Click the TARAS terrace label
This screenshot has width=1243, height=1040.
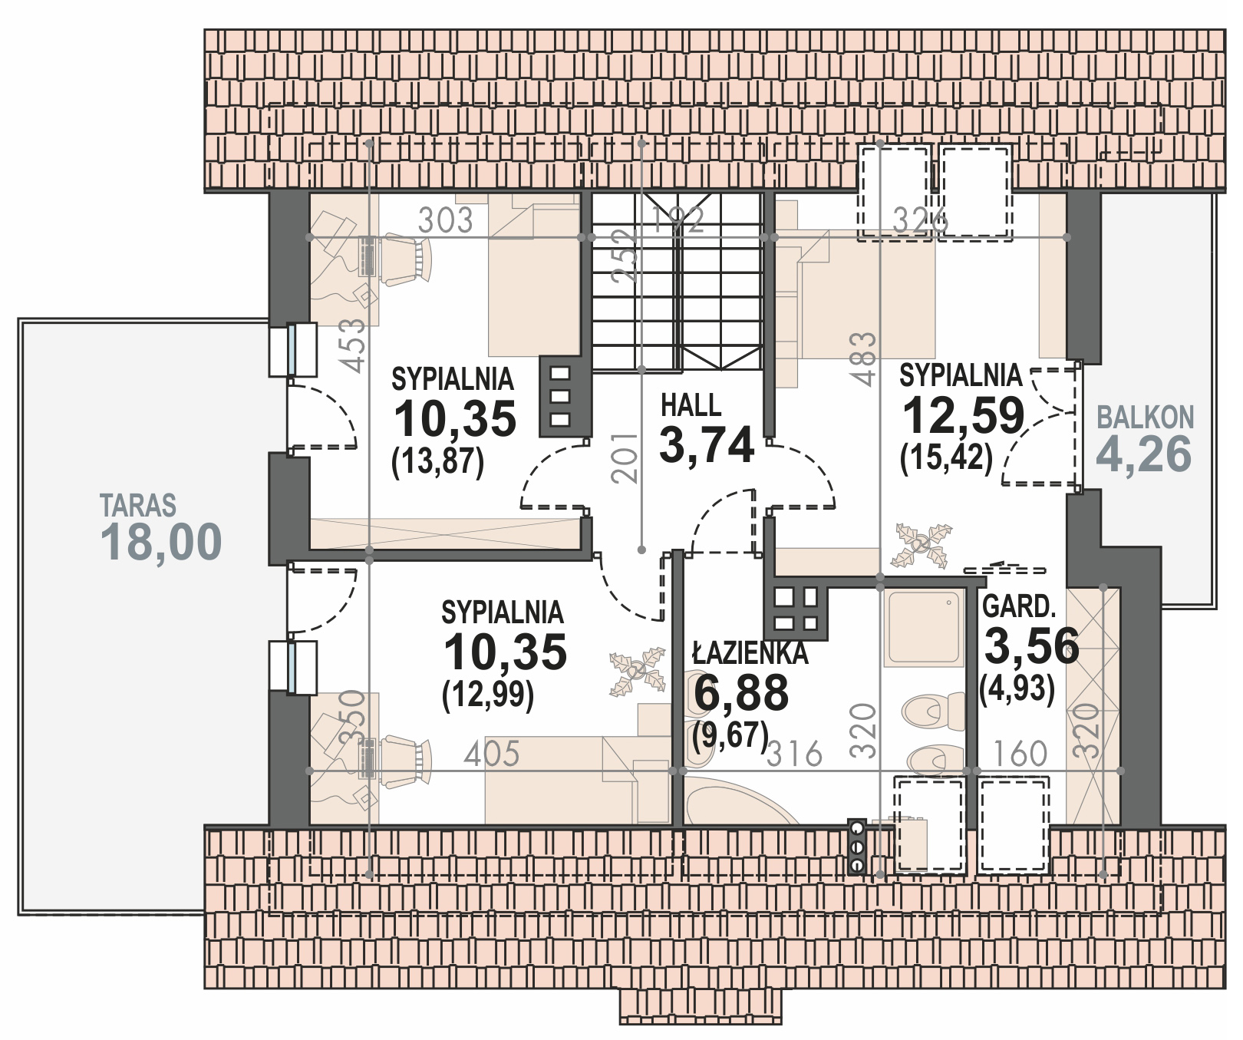click(x=138, y=506)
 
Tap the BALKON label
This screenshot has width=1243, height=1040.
click(x=1146, y=418)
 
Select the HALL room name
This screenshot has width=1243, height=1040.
click(x=691, y=405)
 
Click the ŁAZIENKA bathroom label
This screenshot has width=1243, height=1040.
click(x=750, y=653)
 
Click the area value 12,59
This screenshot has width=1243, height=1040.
click(x=964, y=416)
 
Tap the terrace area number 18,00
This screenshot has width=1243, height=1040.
click(x=161, y=542)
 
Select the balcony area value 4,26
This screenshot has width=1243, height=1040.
click(x=1144, y=454)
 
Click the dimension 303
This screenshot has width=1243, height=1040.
click(x=445, y=221)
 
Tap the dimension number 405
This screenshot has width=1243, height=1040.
click(x=492, y=754)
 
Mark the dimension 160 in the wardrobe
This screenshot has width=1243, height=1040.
click(x=1020, y=754)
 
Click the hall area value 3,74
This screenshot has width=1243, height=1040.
click(x=707, y=445)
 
